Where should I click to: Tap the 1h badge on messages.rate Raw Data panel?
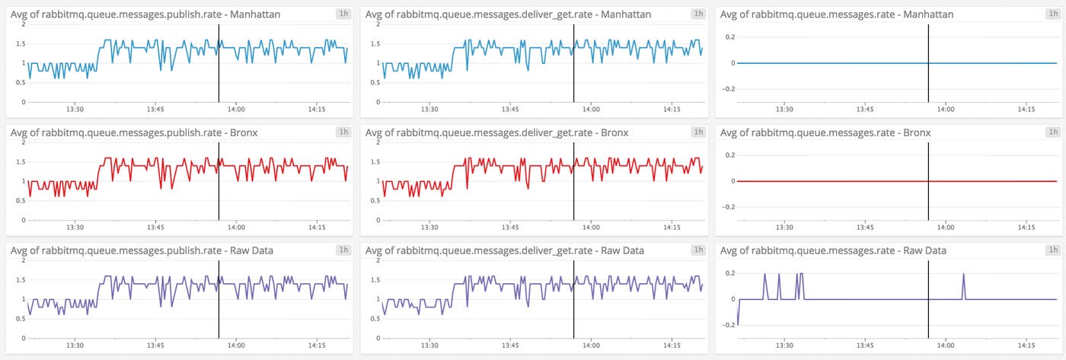pyautogui.click(x=1053, y=250)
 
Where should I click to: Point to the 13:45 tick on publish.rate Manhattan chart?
pyautogui.click(x=155, y=110)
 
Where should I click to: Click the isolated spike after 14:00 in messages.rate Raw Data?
pyautogui.click(x=963, y=276)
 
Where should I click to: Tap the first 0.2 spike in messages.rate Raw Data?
pyautogui.click(x=764, y=276)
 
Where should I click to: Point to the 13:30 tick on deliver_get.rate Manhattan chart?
pyautogui.click(x=429, y=110)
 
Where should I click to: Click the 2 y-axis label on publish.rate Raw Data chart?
pyautogui.click(x=24, y=260)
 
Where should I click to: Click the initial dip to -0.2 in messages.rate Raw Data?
pyautogui.click(x=738, y=323)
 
